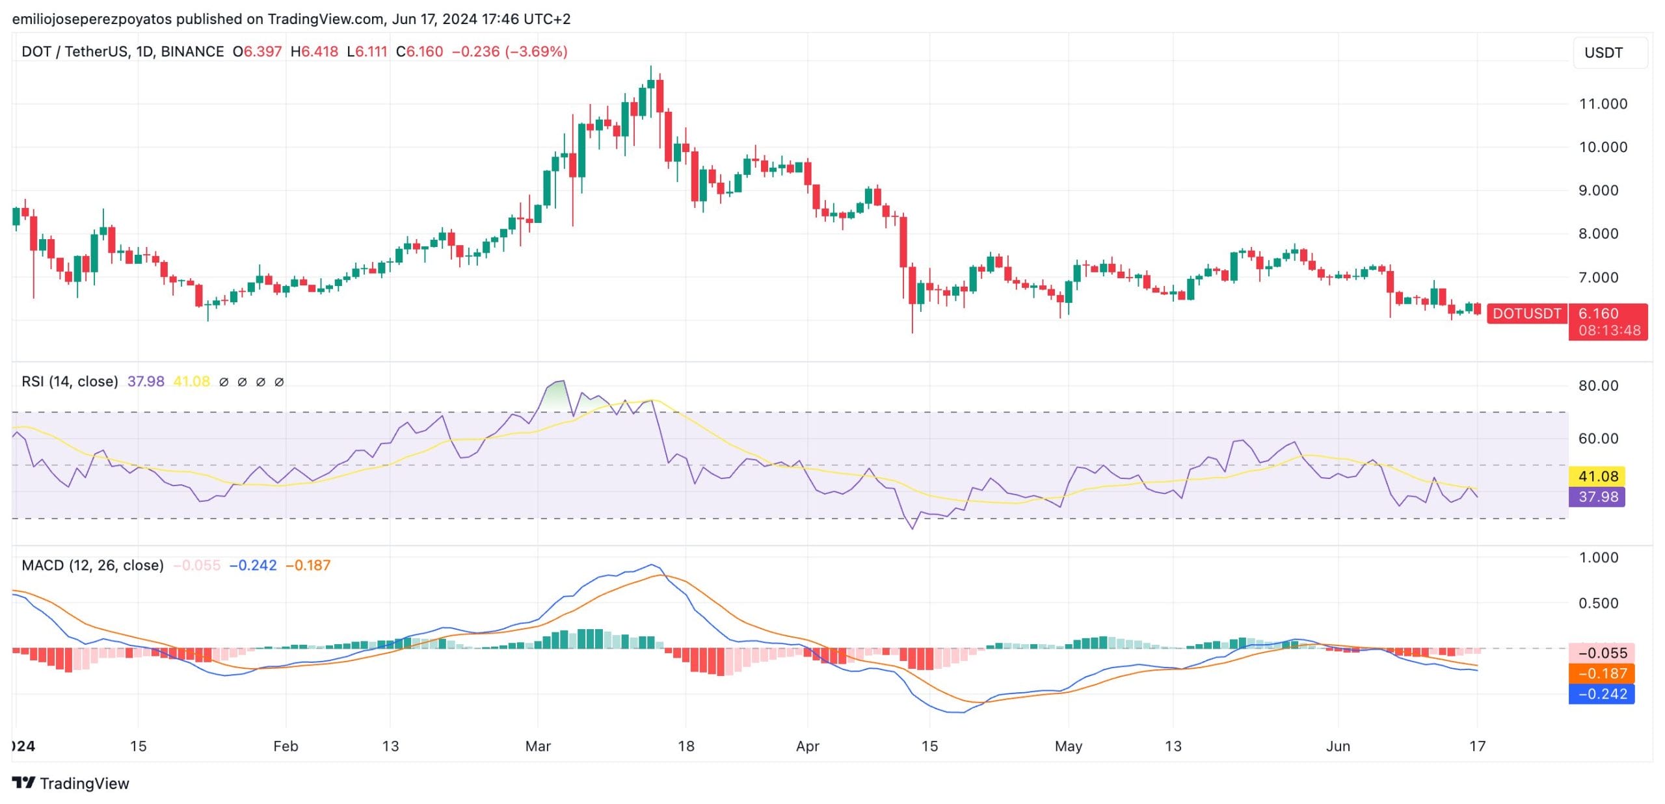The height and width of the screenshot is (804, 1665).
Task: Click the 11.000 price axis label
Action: pos(1603,104)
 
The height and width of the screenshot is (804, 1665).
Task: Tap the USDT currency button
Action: pos(1610,53)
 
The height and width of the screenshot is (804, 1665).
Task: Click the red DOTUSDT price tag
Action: pos(1526,314)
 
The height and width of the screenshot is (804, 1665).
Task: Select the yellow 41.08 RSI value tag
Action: pos(1597,476)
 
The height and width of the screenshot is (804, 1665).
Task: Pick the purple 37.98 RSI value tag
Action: pos(1597,497)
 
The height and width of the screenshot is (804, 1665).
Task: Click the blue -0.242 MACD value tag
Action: pos(1601,694)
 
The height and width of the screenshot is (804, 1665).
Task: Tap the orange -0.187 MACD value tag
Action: pos(1601,673)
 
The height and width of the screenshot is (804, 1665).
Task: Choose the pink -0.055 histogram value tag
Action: pos(1601,653)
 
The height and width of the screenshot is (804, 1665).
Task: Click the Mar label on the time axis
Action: pos(538,746)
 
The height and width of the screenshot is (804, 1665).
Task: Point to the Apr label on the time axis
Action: pos(807,746)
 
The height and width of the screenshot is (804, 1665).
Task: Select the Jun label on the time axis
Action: pos(1338,746)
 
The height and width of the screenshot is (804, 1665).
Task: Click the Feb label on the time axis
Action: pos(286,746)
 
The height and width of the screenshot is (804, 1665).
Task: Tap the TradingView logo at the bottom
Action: pos(71,783)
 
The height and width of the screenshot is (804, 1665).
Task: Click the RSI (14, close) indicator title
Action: pos(70,382)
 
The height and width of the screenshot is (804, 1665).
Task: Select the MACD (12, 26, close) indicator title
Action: pos(92,565)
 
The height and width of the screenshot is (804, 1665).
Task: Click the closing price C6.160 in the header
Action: pos(420,51)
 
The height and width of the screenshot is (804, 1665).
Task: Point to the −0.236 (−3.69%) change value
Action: pos(510,51)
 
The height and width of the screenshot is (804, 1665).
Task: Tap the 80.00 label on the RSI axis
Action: pos(1598,386)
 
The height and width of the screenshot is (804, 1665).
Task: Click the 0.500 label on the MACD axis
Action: pos(1598,603)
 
